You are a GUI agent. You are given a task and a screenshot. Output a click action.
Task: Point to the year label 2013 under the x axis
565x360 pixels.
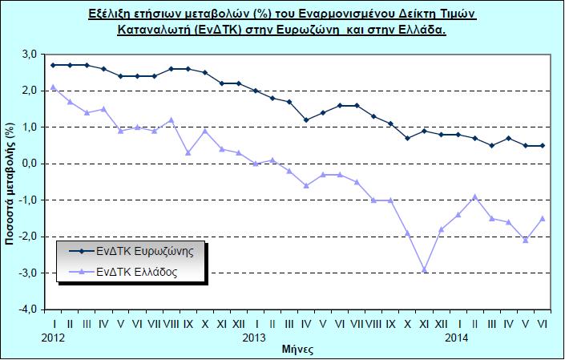255,338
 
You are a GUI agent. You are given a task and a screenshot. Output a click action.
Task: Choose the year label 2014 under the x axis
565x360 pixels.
457,338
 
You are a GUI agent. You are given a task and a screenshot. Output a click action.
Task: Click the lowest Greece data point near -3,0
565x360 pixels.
424,270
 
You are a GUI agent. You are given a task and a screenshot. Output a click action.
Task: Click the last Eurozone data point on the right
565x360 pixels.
543,145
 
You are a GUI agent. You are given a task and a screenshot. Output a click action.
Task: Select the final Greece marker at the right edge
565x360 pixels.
543,218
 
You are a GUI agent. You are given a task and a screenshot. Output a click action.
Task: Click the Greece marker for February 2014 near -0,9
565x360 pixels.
474,196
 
